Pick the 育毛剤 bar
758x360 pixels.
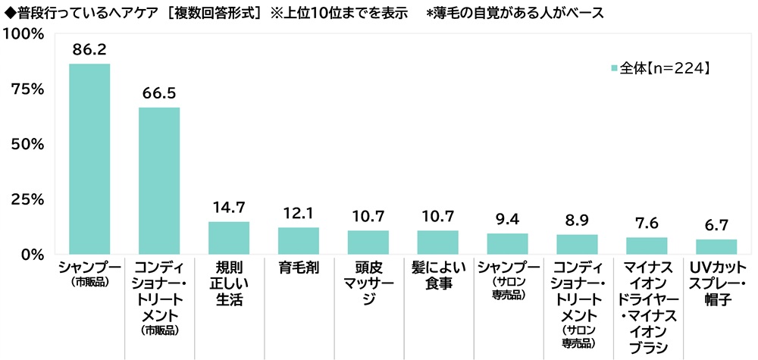point(299,240)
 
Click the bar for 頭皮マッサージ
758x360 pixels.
point(368,242)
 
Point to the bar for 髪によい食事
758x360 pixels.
point(438,242)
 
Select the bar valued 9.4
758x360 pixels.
point(508,243)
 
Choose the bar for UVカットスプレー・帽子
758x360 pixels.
point(716,246)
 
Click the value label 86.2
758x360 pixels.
point(89,49)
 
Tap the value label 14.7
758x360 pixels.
point(229,207)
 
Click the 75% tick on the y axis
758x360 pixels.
point(28,89)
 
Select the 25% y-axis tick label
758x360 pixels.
point(28,199)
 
